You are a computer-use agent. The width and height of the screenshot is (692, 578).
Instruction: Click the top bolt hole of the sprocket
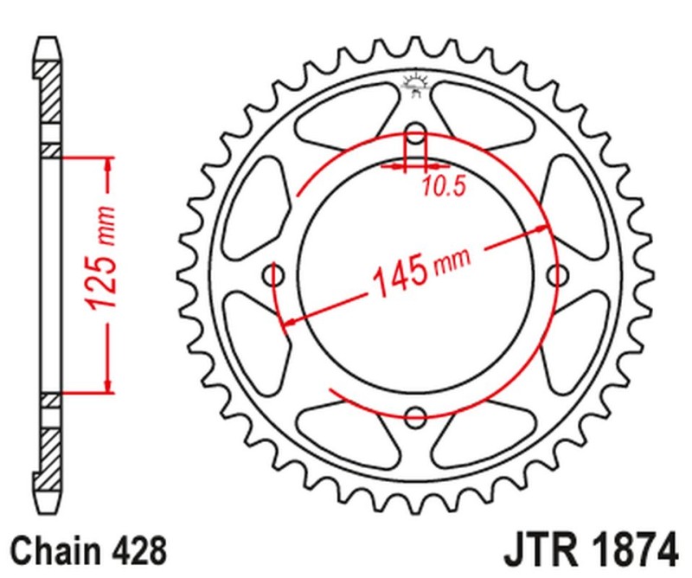click(416, 135)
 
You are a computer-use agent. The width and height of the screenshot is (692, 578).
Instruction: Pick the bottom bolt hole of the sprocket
click(416, 415)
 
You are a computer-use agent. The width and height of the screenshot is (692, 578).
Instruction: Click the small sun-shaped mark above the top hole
click(416, 83)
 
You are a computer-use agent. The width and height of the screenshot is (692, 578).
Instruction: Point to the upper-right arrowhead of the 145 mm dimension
click(544, 228)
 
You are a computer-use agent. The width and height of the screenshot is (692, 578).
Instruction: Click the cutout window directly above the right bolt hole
click(567, 203)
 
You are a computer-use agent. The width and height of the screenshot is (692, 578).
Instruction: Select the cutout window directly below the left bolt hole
click(265, 346)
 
